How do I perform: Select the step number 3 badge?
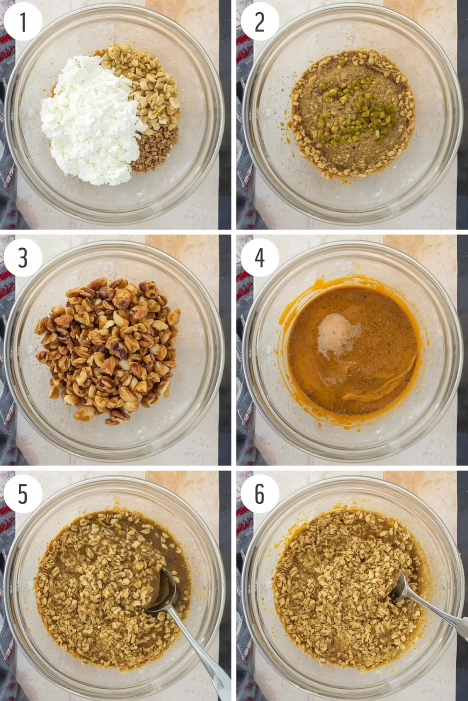[x=23, y=258]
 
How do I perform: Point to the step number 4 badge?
[x=260, y=258]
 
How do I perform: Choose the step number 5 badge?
[x=23, y=494]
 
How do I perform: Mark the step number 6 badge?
[x=260, y=494]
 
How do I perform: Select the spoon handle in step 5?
[x=201, y=651]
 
